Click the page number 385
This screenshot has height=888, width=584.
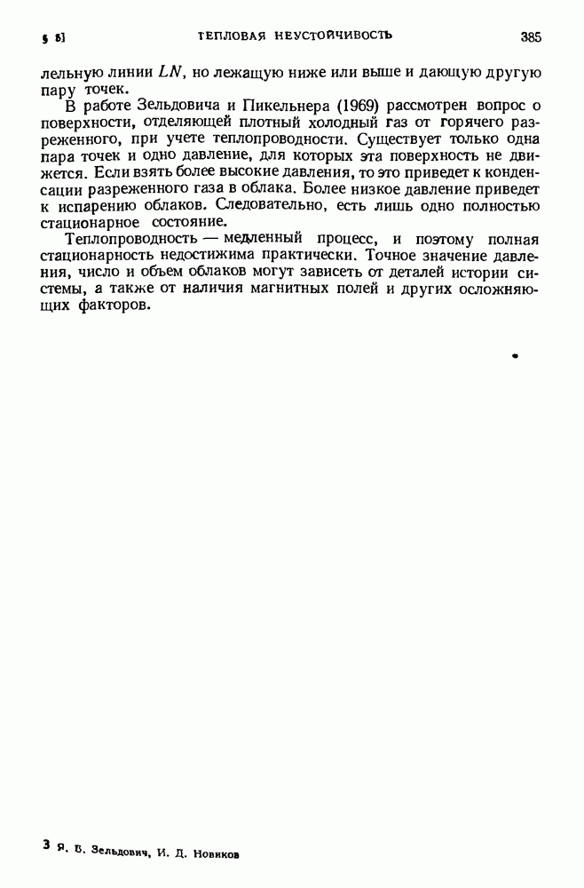[531, 37]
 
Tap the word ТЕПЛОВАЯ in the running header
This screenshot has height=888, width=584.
[233, 36]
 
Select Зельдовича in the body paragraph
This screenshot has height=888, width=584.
[170, 106]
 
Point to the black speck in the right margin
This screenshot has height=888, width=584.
[515, 355]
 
